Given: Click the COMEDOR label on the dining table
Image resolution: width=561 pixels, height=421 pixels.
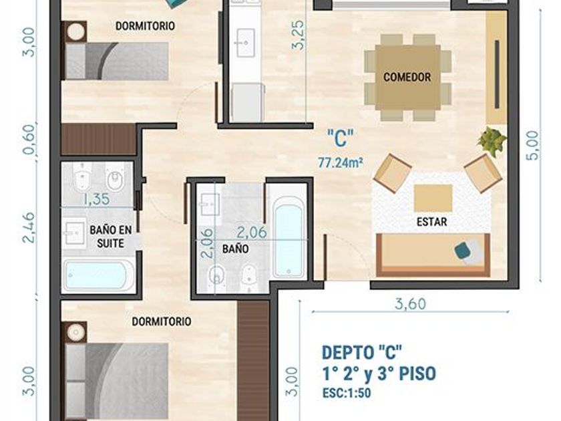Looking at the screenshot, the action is pyautogui.click(x=407, y=77).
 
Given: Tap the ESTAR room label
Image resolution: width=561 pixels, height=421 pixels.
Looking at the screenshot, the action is pyautogui.click(x=432, y=222).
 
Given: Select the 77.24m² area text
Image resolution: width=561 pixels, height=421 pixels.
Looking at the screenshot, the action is pyautogui.click(x=341, y=163).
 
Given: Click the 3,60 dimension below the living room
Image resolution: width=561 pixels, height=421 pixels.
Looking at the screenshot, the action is pyautogui.click(x=410, y=304).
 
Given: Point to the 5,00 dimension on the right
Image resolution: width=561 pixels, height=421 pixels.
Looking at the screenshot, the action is pyautogui.click(x=532, y=146).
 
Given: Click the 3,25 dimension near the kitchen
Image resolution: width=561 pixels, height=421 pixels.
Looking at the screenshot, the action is pyautogui.click(x=298, y=34).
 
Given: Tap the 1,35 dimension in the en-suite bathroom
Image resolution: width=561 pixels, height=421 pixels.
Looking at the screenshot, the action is pyautogui.click(x=96, y=199).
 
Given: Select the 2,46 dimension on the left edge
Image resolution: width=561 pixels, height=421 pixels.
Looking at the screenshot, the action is pyautogui.click(x=29, y=228).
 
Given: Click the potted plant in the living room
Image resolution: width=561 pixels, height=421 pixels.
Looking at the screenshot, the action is pyautogui.click(x=492, y=141).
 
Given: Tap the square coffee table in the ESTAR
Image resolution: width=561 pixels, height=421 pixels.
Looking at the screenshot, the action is pyautogui.click(x=433, y=198).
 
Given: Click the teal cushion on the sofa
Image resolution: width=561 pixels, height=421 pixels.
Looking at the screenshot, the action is pyautogui.click(x=464, y=250).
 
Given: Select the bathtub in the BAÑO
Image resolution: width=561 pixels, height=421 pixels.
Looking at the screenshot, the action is pyautogui.click(x=289, y=237).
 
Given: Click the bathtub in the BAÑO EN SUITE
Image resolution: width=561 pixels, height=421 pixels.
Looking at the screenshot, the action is pyautogui.click(x=98, y=275).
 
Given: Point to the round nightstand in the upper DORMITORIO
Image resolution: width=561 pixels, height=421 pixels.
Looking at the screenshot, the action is pyautogui.click(x=76, y=32).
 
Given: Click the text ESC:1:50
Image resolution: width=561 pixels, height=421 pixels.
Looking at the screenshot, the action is pyautogui.click(x=347, y=393).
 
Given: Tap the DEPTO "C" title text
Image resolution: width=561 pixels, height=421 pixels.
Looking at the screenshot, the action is pyautogui.click(x=362, y=352).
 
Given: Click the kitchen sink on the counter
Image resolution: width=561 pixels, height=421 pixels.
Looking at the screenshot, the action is pyautogui.click(x=245, y=43).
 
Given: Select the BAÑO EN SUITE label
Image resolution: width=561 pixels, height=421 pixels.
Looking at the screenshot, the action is pyautogui.click(x=111, y=237).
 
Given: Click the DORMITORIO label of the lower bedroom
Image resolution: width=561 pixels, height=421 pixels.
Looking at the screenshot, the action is pyautogui.click(x=162, y=321).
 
